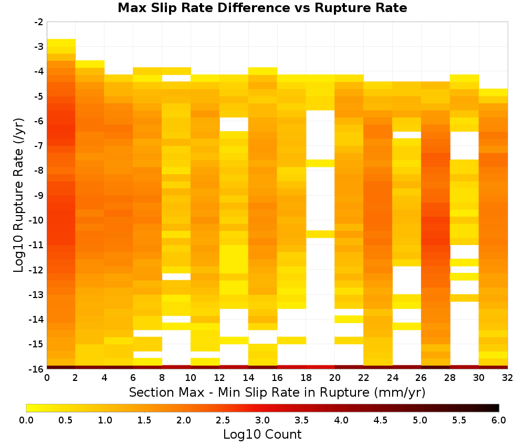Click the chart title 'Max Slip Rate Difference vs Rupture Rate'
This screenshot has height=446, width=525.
(x=262, y=8)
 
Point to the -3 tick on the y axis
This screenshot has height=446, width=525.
(x=39, y=47)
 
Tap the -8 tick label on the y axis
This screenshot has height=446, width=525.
(x=39, y=171)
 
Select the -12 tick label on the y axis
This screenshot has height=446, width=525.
(x=37, y=269)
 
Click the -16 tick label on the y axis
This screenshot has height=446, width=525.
(x=37, y=368)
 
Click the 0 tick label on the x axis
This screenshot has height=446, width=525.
(x=47, y=378)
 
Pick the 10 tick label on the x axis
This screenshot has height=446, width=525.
(x=191, y=378)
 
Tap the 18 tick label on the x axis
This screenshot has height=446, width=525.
(x=306, y=378)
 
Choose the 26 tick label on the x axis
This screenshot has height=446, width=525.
(x=421, y=378)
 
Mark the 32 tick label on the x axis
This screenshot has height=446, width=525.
(x=508, y=378)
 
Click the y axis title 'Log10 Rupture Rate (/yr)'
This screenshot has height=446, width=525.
(x=18, y=195)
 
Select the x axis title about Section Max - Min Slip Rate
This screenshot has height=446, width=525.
(x=277, y=392)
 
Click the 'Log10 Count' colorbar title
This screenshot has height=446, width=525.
(x=262, y=434)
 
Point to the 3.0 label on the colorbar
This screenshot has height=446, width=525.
(x=262, y=420)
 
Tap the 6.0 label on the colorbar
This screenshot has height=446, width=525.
(x=499, y=420)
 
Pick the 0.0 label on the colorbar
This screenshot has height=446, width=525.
(x=26, y=420)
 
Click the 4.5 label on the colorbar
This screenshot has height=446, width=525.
(x=381, y=420)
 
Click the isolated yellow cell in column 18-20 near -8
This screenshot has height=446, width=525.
(x=320, y=163)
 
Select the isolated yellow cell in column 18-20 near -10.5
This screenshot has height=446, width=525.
(x=320, y=234)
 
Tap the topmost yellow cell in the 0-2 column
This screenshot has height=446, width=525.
(x=61, y=43)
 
